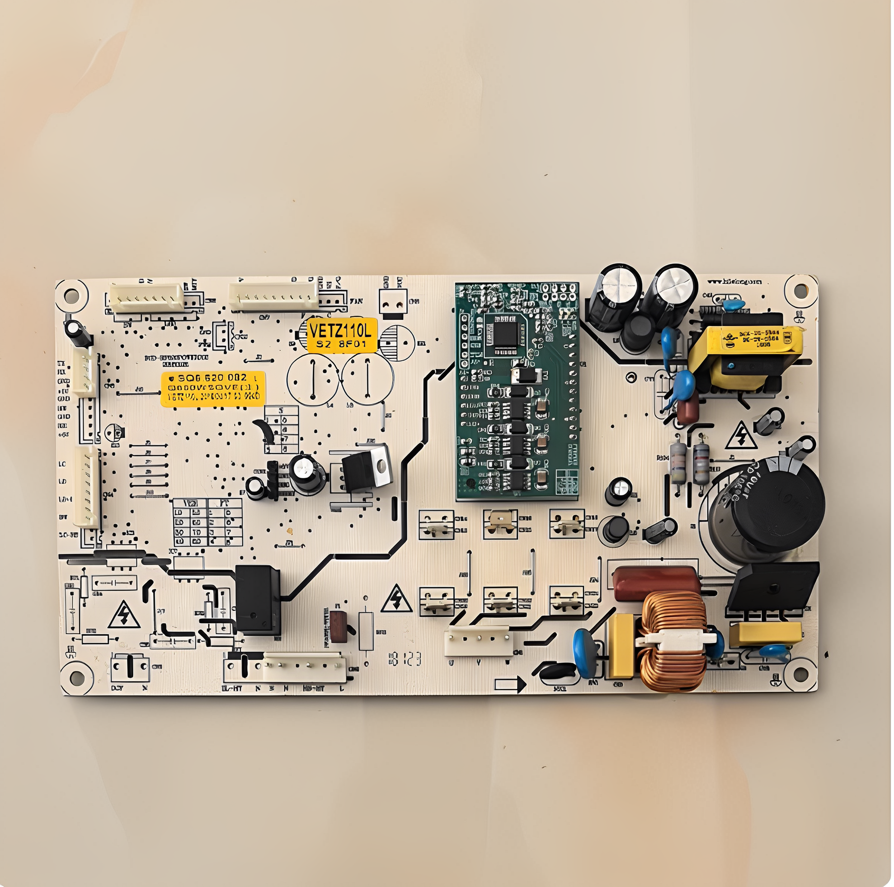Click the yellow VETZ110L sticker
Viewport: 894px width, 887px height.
342,335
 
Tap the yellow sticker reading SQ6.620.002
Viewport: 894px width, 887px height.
213,389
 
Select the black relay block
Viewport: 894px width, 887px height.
257,599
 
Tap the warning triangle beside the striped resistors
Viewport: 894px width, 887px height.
741,437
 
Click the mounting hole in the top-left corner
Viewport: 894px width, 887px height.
71,295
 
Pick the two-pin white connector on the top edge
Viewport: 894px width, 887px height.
393,302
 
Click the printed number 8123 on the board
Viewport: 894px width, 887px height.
405,659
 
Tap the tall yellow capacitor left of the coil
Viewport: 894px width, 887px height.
621,646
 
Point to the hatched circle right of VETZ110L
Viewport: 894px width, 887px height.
397,343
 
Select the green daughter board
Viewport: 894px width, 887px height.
517,391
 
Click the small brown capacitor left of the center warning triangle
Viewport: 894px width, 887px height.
338,626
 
